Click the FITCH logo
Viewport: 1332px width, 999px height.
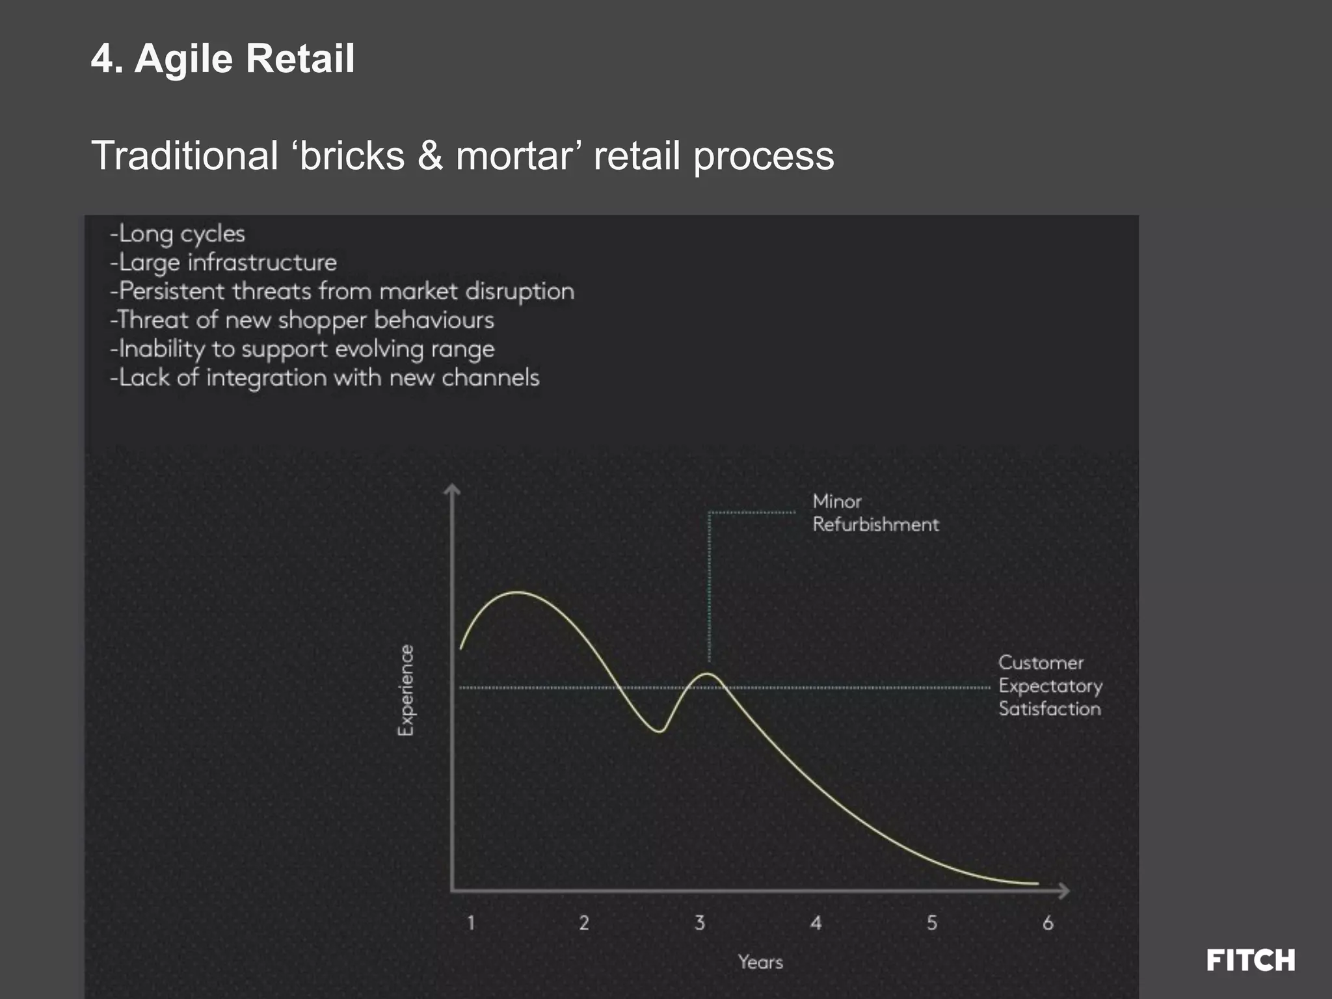[1250, 960]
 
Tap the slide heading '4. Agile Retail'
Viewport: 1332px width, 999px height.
[223, 59]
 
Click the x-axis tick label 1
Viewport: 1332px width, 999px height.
[471, 922]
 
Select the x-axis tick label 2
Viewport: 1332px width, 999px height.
[584, 922]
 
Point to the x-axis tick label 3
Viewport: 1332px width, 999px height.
[700, 922]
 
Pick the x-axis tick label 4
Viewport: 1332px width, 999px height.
[816, 922]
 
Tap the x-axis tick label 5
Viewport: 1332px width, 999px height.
[932, 922]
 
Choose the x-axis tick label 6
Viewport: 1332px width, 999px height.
[1048, 922]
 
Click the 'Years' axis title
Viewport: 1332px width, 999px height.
[760, 962]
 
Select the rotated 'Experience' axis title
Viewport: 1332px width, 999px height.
[406, 690]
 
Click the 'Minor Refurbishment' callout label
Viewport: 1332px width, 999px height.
[875, 513]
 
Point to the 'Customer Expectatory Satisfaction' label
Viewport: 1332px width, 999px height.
[1050, 686]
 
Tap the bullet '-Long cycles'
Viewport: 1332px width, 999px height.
[178, 233]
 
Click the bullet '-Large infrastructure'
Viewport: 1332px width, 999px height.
[224, 262]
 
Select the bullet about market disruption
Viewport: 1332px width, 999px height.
[342, 291]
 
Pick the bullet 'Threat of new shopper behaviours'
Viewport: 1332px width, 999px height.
[302, 320]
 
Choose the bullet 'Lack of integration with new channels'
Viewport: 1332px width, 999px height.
[325, 377]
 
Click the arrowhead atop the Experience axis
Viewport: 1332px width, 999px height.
[452, 489]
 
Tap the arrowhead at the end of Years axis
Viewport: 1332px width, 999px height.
[1064, 890]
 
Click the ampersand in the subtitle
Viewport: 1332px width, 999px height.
[430, 156]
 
